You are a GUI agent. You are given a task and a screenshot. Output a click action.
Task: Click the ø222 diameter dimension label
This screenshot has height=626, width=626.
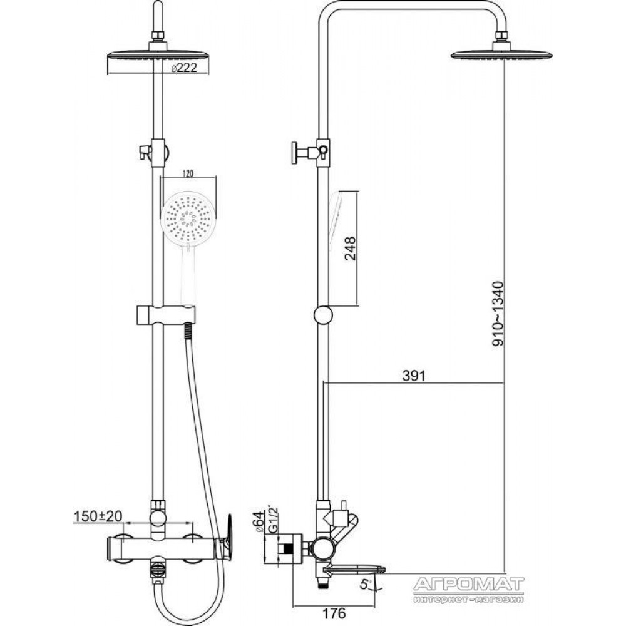coord(184,68)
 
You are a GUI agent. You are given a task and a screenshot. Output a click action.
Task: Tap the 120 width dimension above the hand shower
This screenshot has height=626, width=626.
coord(188,173)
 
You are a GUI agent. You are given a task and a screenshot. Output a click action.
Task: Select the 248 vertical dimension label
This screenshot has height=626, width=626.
coord(350,249)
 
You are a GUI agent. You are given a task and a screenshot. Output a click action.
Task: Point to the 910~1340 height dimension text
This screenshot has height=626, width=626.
coord(498,314)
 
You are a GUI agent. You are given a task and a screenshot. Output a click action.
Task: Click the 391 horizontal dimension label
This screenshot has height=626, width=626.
coord(414,376)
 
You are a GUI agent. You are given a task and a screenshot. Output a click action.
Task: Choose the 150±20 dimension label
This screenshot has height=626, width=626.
coord(98,516)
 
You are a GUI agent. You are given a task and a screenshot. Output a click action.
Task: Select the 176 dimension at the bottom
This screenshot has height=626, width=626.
coord(334,612)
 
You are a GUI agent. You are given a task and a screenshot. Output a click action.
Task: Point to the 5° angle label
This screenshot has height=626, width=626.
coord(364,585)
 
